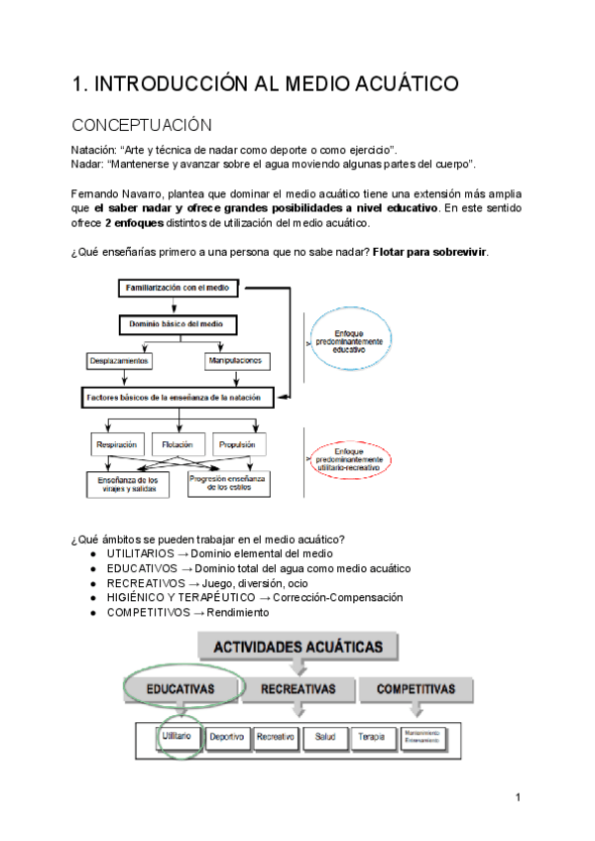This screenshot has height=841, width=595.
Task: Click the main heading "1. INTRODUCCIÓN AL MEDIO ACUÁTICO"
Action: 265,84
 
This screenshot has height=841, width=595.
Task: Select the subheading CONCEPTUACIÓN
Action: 142,125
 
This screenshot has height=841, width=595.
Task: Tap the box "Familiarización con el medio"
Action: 178,288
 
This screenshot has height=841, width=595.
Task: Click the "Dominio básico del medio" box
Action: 177,323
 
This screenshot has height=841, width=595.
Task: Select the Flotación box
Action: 178,444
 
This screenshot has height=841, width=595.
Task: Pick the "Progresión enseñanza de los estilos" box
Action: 228,483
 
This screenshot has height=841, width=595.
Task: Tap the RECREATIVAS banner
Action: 297,688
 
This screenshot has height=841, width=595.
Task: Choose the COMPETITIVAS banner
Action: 410,688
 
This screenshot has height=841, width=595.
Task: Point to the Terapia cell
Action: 371,737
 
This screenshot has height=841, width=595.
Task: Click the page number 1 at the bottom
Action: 518,797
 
